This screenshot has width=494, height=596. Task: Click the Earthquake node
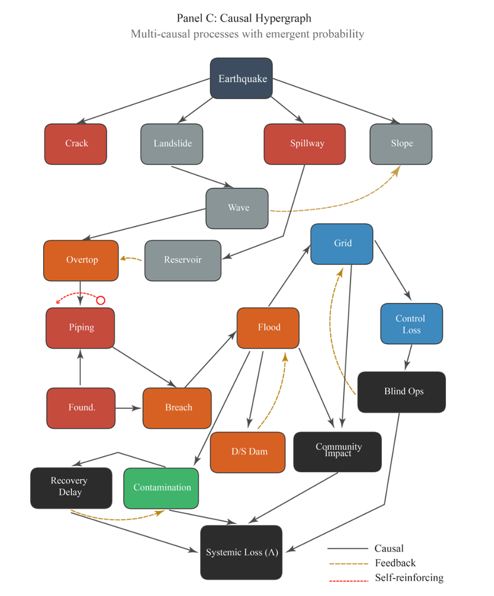tap(241, 78)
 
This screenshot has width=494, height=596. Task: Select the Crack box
tap(76, 144)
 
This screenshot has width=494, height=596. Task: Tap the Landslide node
tap(172, 144)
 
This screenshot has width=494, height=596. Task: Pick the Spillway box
tap(304, 144)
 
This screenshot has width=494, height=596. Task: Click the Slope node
tap(401, 144)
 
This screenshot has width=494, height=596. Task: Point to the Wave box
tap(237, 208)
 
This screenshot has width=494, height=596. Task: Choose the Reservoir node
tap(183, 260)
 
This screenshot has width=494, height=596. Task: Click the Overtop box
tap(81, 260)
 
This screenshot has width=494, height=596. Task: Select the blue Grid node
tap(342, 244)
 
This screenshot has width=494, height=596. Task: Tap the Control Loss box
tap(411, 324)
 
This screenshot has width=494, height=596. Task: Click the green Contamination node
tap(161, 488)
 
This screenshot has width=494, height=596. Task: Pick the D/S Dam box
tap(248, 452)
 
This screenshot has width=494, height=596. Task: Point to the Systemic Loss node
tap(241, 552)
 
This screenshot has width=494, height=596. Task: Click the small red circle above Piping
tap(101, 300)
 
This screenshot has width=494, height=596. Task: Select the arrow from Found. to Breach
tap(129, 408)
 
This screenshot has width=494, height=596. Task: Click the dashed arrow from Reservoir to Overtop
tap(131, 259)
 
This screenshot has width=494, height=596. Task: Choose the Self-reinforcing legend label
tap(408, 578)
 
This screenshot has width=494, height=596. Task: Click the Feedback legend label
tap(395, 563)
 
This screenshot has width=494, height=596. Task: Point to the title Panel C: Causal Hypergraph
tap(247, 18)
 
